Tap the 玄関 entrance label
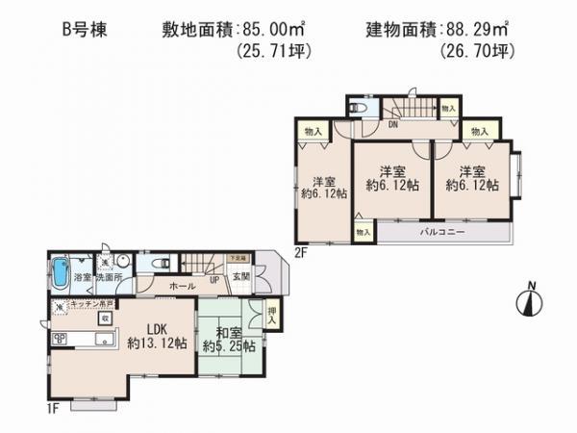(x=240, y=276)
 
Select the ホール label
(x=187, y=286)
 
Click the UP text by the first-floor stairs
(x=213, y=279)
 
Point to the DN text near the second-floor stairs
(x=393, y=124)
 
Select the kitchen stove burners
(x=57, y=338)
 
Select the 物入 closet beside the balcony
(x=363, y=233)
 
